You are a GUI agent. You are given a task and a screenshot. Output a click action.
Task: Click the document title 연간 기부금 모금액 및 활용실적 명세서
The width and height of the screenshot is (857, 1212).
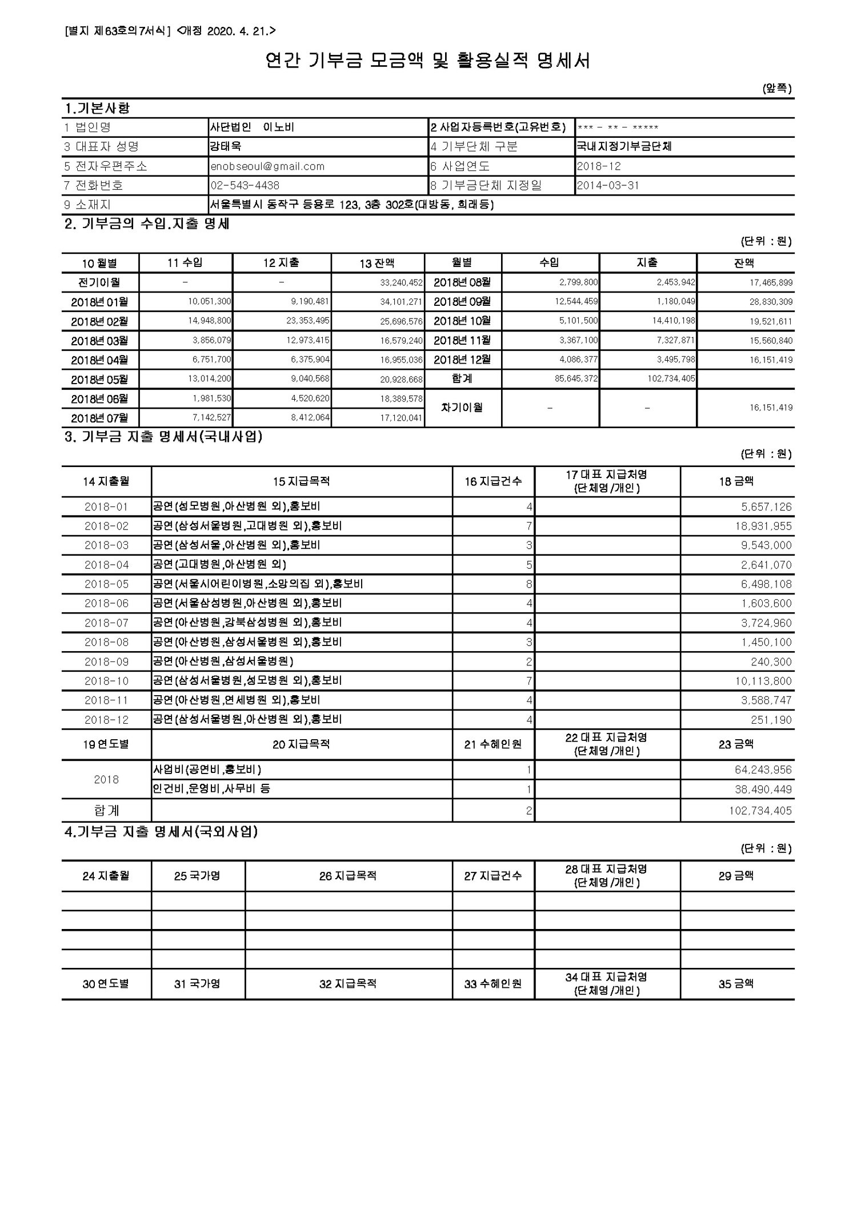coord(428,61)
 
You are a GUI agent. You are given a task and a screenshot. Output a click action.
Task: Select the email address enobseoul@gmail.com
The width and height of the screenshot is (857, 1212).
coord(267,166)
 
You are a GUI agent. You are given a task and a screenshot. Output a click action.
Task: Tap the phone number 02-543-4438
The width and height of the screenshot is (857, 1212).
coord(245,185)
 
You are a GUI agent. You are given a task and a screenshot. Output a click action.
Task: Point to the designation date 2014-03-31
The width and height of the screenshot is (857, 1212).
coord(608,185)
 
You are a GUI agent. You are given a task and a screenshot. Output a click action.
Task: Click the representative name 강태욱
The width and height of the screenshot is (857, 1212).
coord(226,146)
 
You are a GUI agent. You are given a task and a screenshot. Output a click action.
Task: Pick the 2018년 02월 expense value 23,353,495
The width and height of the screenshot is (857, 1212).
coord(308,321)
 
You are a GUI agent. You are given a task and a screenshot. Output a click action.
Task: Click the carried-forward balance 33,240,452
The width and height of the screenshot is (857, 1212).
coord(401,282)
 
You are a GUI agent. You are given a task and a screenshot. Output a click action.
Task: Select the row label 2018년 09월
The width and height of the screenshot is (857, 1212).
coord(462,301)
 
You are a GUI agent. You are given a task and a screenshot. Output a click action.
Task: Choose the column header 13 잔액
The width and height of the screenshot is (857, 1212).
coord(377,263)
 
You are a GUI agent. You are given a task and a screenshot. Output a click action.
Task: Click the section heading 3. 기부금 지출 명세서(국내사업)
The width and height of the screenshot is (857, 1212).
coord(163,437)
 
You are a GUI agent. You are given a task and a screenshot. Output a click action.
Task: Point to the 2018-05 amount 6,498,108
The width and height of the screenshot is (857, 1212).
coord(766,584)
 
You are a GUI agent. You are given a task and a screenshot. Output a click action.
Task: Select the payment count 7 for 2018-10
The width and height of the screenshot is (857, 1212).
coord(529,681)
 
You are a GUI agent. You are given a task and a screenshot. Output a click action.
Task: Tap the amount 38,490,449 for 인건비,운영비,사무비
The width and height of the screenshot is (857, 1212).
coord(763,790)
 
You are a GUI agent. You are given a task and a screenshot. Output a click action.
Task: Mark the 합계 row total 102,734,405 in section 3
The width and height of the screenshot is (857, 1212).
coord(759,811)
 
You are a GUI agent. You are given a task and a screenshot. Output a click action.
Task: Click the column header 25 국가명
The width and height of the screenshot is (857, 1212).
coord(197,876)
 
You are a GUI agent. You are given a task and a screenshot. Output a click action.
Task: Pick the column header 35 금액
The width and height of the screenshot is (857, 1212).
coord(736,984)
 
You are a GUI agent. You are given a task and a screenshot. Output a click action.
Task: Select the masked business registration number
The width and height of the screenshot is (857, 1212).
coord(618,127)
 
